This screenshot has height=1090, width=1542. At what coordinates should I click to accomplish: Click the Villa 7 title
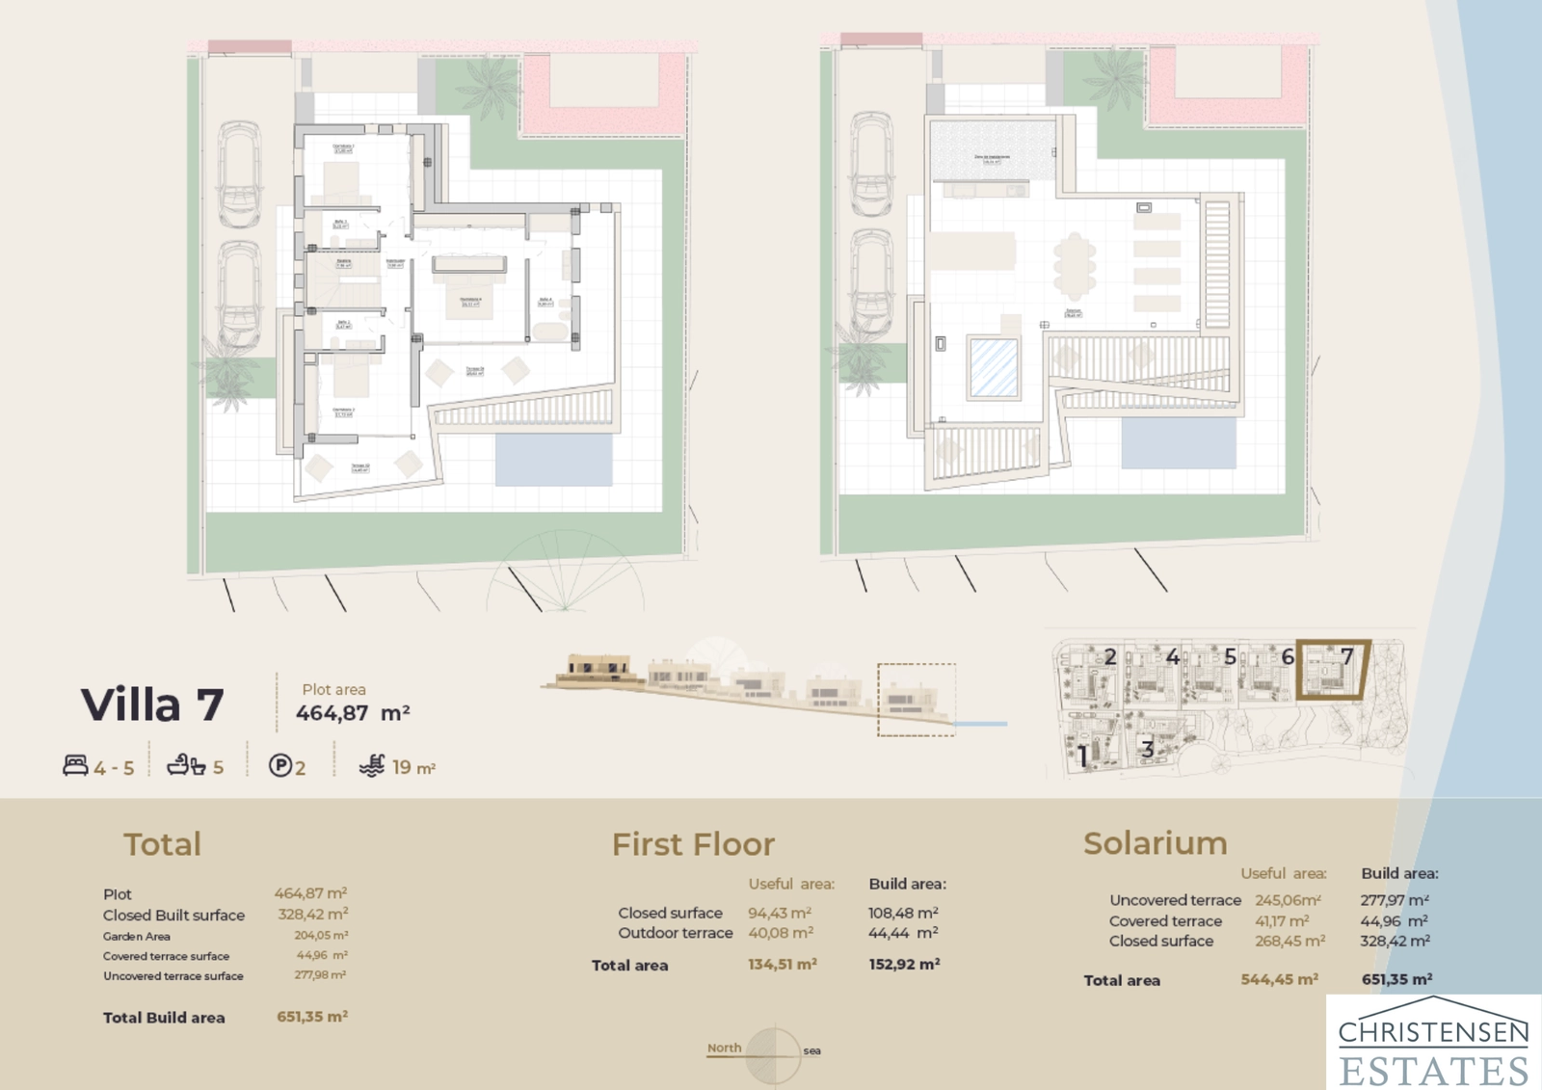(x=152, y=705)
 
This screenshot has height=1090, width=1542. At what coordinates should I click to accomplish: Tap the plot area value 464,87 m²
(x=352, y=713)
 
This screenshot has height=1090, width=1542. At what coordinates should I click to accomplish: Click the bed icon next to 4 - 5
(x=75, y=766)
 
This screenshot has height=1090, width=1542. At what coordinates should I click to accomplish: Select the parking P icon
(x=279, y=766)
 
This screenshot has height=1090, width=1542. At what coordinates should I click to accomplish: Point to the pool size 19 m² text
(x=413, y=767)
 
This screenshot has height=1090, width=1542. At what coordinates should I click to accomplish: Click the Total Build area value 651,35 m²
(x=311, y=1016)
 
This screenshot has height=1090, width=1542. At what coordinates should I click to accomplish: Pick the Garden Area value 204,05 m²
(x=320, y=935)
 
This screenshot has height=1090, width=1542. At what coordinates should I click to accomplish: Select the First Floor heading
(x=693, y=844)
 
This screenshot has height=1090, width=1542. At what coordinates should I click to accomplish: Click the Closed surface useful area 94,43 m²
(x=779, y=912)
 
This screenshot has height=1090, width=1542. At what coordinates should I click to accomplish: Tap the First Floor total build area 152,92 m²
(x=903, y=964)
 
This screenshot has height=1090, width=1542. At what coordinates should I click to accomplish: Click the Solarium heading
(x=1155, y=842)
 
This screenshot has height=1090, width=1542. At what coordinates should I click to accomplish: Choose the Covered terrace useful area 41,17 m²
(x=1281, y=920)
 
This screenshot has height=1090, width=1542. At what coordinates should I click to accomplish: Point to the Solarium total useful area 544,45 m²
(x=1278, y=979)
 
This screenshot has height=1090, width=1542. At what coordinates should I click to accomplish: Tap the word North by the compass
(x=724, y=1048)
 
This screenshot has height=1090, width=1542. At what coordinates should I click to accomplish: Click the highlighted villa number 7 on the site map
(x=1346, y=657)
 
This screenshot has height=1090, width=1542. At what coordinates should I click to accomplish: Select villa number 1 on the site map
(x=1083, y=757)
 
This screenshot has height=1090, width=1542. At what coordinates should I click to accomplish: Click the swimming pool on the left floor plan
(x=553, y=460)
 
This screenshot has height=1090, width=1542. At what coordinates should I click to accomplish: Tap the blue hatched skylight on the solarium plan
(x=993, y=367)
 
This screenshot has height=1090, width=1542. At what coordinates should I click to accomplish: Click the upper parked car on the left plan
(x=238, y=173)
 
